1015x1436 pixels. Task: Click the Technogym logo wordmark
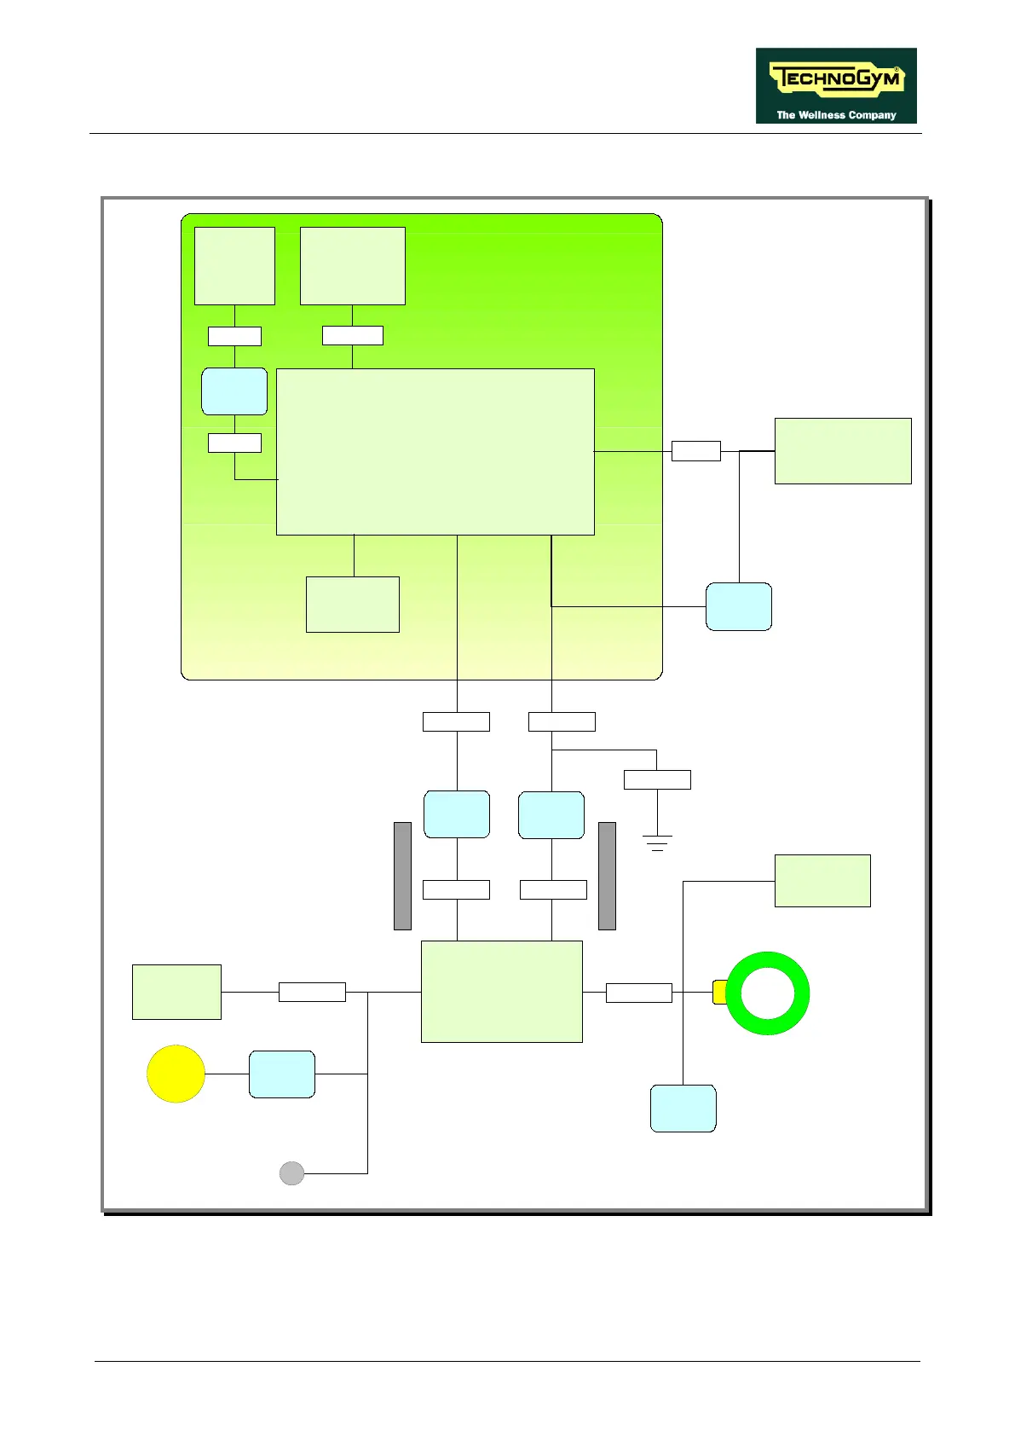(x=835, y=79)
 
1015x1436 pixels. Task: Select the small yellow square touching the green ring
(x=718, y=993)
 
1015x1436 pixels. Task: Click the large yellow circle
(x=176, y=1074)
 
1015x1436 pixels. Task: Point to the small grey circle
(x=291, y=1173)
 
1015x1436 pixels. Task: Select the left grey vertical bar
(x=402, y=876)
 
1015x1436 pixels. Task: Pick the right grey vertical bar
(x=607, y=876)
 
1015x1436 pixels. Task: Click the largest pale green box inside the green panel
(x=435, y=452)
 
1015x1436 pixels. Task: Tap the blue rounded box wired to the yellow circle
(x=282, y=1074)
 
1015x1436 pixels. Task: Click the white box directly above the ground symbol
(x=657, y=779)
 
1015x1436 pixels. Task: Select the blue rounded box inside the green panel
(x=234, y=391)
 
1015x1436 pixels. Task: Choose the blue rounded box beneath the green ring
(x=683, y=1109)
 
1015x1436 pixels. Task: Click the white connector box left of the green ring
(x=638, y=993)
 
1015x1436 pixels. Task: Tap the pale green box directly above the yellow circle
(x=176, y=992)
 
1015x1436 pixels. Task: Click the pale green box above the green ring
(x=822, y=881)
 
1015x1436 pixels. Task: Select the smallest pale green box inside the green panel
(x=352, y=605)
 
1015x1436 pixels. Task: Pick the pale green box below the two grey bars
(x=501, y=992)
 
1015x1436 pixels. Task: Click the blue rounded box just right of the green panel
(x=739, y=607)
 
